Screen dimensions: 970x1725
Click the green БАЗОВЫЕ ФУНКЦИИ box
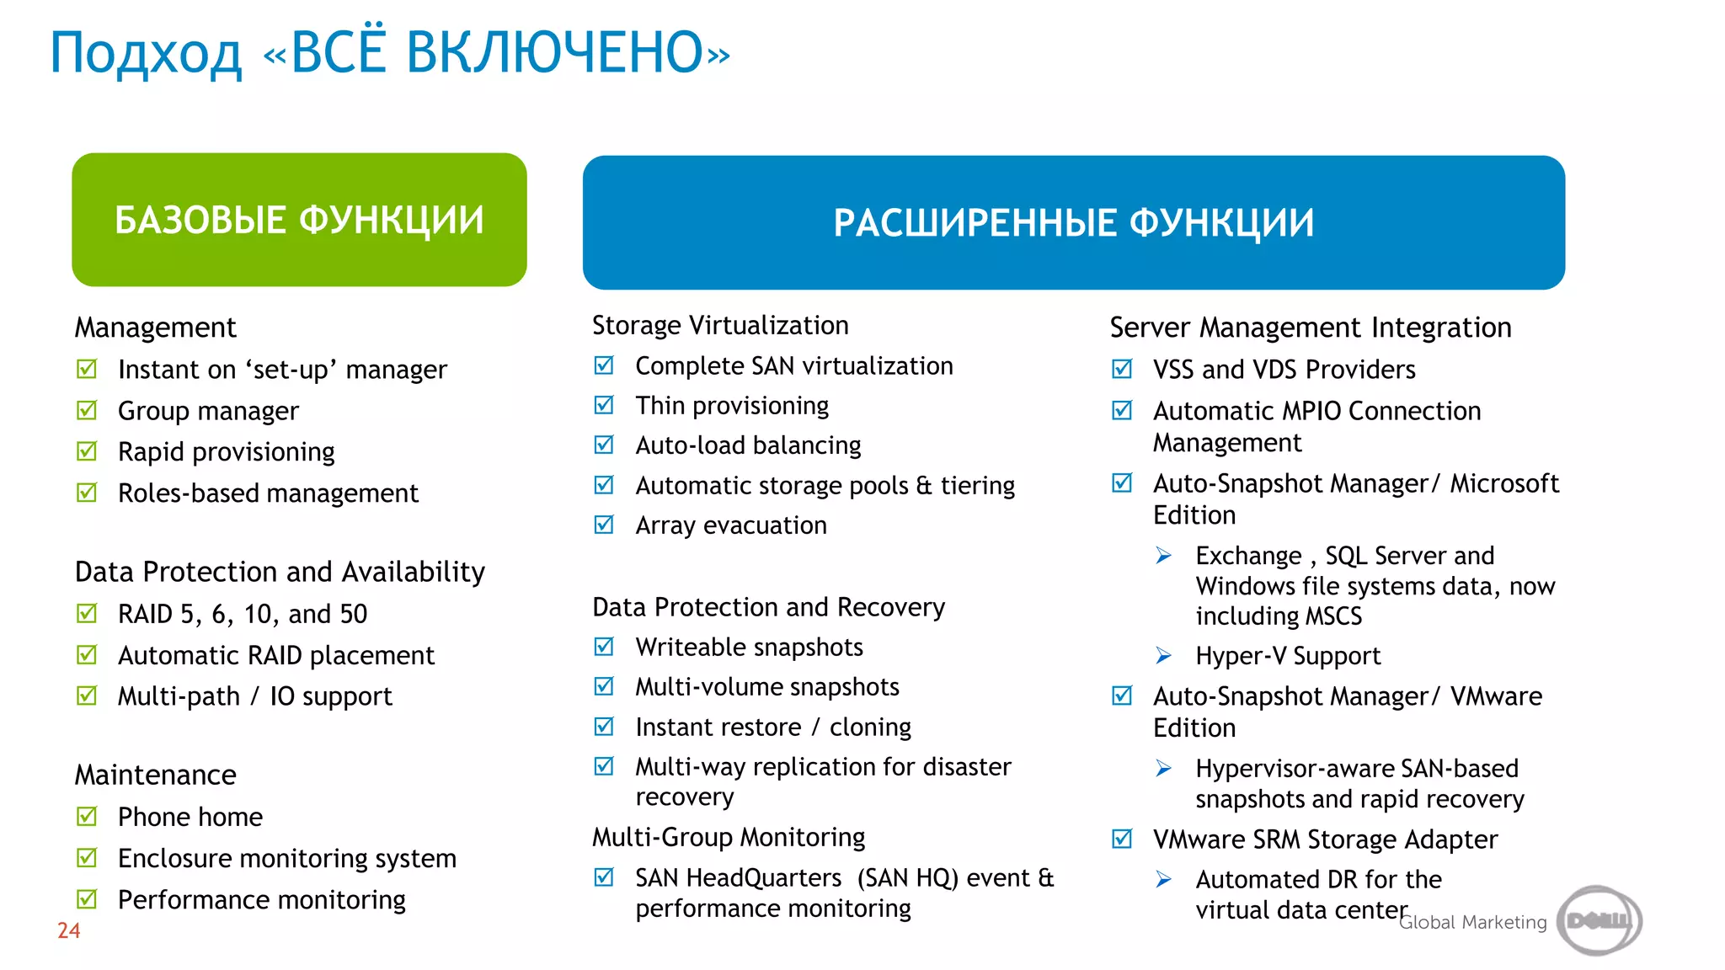tap(299, 220)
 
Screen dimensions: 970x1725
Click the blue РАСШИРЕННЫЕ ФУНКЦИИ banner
tap(1073, 222)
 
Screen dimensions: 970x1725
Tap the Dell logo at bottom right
tap(1598, 920)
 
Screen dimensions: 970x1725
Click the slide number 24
tap(68, 930)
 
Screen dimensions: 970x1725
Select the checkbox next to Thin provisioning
tap(604, 405)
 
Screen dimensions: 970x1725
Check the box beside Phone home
tap(87, 816)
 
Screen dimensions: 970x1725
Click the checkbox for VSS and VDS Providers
tap(1122, 369)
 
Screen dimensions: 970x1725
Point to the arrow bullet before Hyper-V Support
tap(1163, 655)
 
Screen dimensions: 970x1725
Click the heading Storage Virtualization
tap(719, 325)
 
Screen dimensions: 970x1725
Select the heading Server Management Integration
tap(1310, 327)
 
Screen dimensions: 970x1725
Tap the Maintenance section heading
tap(155, 775)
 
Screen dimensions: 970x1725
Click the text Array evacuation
tap(730, 525)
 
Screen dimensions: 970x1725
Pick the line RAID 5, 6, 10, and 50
tap(242, 614)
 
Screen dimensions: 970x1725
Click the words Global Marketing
tap(1472, 922)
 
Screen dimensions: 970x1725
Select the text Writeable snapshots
tap(749, 647)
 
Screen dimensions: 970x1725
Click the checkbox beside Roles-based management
tap(87, 492)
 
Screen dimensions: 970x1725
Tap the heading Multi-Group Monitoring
tap(728, 837)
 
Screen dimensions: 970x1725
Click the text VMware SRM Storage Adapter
tap(1325, 839)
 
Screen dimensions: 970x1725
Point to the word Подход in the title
tap(146, 54)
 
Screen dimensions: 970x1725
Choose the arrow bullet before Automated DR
tap(1163, 880)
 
